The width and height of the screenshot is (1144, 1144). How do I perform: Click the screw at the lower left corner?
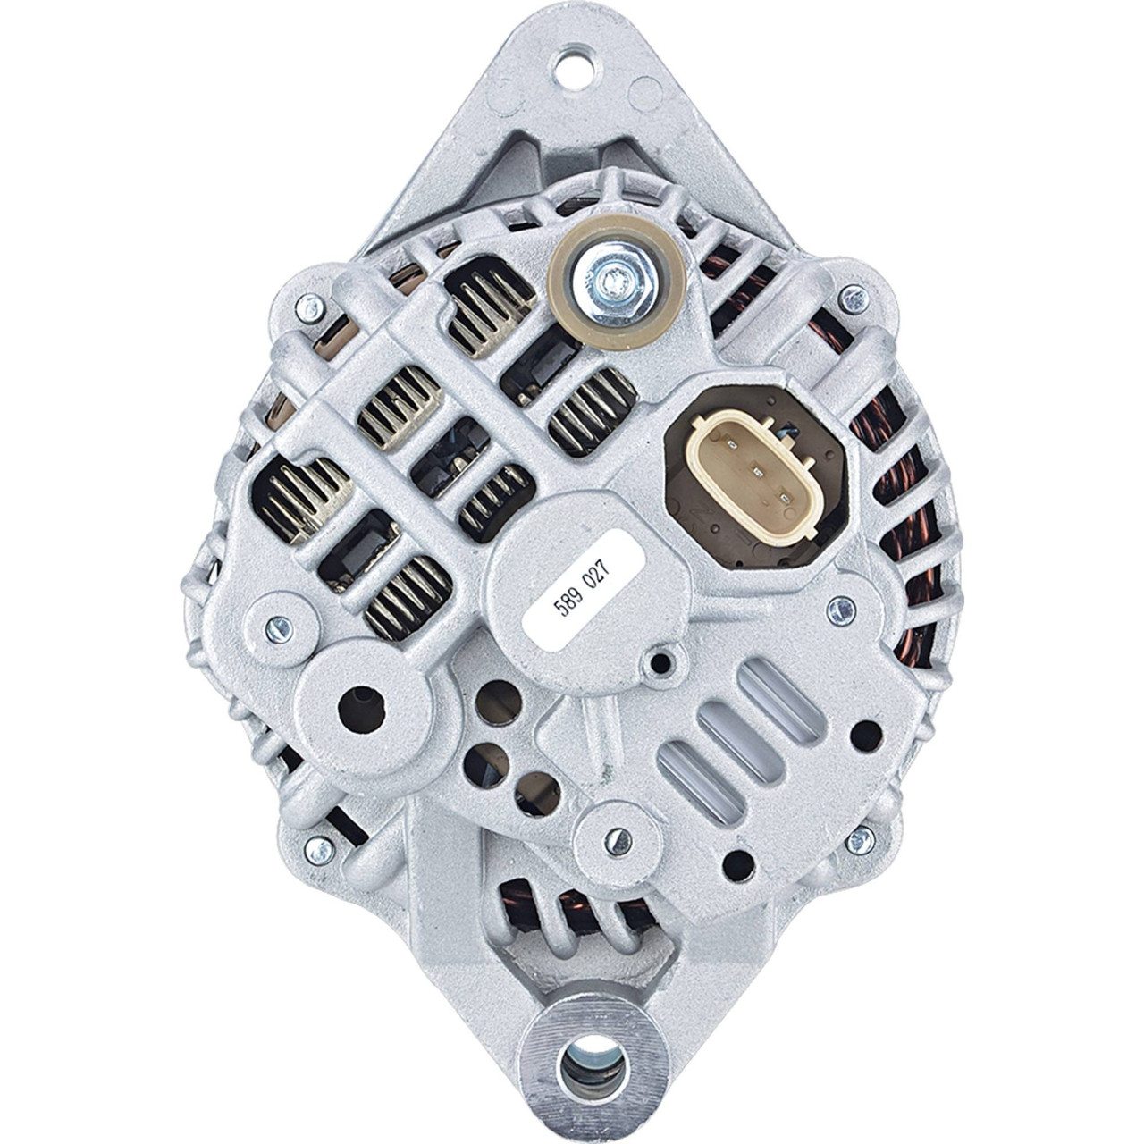tap(319, 849)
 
